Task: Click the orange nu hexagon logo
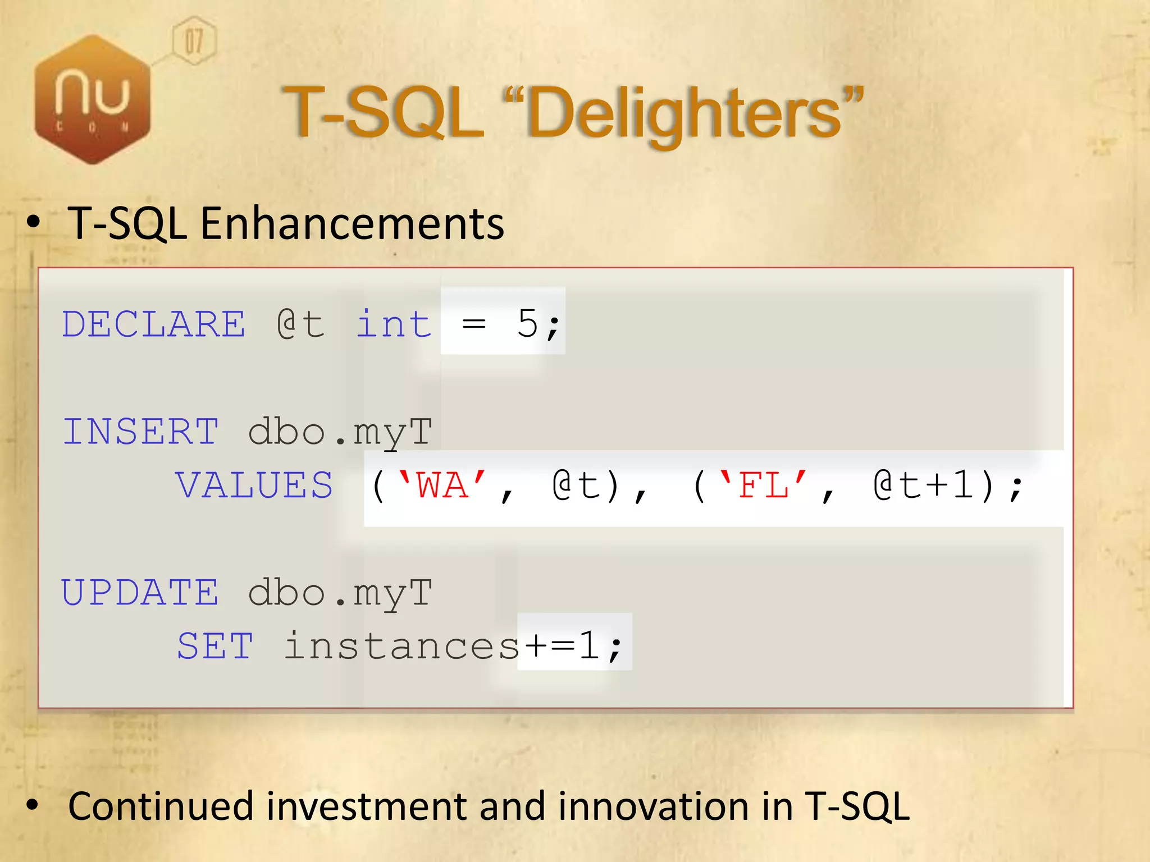[x=93, y=99]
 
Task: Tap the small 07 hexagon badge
[x=194, y=41]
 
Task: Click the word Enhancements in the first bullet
[x=352, y=223]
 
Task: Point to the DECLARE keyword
[x=153, y=324]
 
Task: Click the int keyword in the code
[x=394, y=324]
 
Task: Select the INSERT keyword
[x=140, y=432]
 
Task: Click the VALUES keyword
[x=254, y=485]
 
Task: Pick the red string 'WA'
[x=442, y=485]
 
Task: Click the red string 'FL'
[x=763, y=485]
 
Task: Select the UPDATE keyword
[x=140, y=593]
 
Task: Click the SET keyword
[x=215, y=646]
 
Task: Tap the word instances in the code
[x=401, y=646]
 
